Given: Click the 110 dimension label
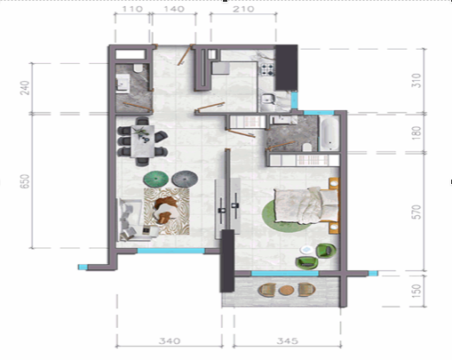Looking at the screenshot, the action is coord(132,9).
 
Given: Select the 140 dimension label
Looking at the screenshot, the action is coord(174,9).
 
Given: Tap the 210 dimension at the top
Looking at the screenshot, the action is coord(243,9).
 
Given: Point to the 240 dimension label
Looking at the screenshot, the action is coord(25,88).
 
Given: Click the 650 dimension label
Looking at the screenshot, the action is coord(25,181).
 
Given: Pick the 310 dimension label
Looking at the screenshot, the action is coord(416,81).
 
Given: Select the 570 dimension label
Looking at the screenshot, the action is coord(416,212).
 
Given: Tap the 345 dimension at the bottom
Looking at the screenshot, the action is coord(287,341).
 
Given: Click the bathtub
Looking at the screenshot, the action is coord(329,133).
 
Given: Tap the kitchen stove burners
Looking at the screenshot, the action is coord(267,69).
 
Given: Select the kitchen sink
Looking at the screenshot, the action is coord(268,99).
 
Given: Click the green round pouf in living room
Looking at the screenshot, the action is coord(156,179).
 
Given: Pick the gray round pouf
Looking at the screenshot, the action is coord(185,179).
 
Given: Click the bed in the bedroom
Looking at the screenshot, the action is coord(306,205).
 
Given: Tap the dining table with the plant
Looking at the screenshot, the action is coord(143,141).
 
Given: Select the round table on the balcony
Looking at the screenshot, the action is coord(286,290).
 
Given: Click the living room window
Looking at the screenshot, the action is coord(170,251).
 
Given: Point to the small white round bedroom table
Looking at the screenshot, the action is coord(306,250).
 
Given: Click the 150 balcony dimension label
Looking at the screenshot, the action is coord(416,291).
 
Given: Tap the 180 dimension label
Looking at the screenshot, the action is coord(416,132).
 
